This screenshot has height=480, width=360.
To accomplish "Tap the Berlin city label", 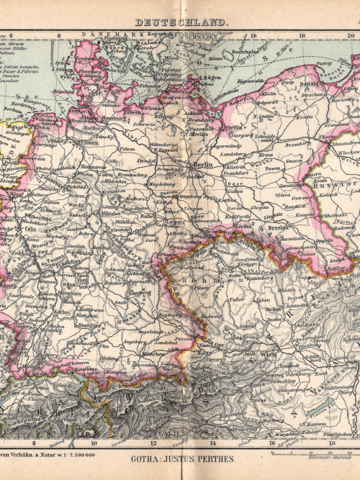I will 199,165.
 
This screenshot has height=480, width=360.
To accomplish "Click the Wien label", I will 268,354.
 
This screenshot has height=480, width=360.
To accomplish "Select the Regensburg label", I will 170,314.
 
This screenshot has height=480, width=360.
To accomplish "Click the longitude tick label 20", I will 348,34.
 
